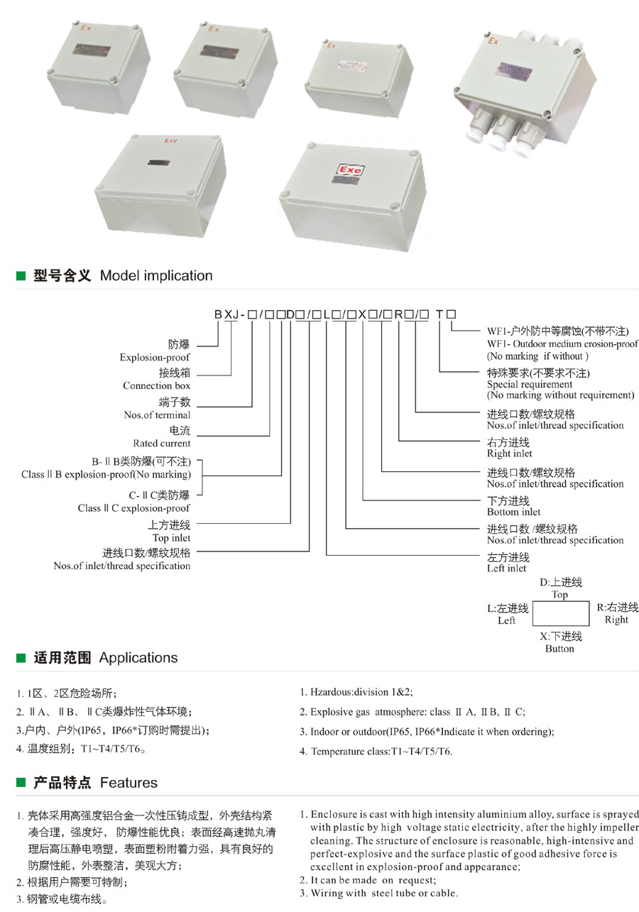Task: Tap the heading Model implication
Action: (156, 275)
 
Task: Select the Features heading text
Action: (129, 783)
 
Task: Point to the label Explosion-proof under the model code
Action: (155, 358)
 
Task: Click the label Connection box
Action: (157, 386)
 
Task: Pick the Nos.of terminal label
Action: (158, 414)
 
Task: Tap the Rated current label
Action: (162, 444)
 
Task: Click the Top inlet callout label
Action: (171, 538)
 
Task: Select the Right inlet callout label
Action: (509, 454)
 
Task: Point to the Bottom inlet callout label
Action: (513, 512)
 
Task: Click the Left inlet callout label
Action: (507, 568)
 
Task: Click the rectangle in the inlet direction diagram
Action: (561, 612)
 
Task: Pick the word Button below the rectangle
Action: (559, 649)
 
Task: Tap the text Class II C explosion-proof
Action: (133, 508)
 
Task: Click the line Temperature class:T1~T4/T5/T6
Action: (381, 751)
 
